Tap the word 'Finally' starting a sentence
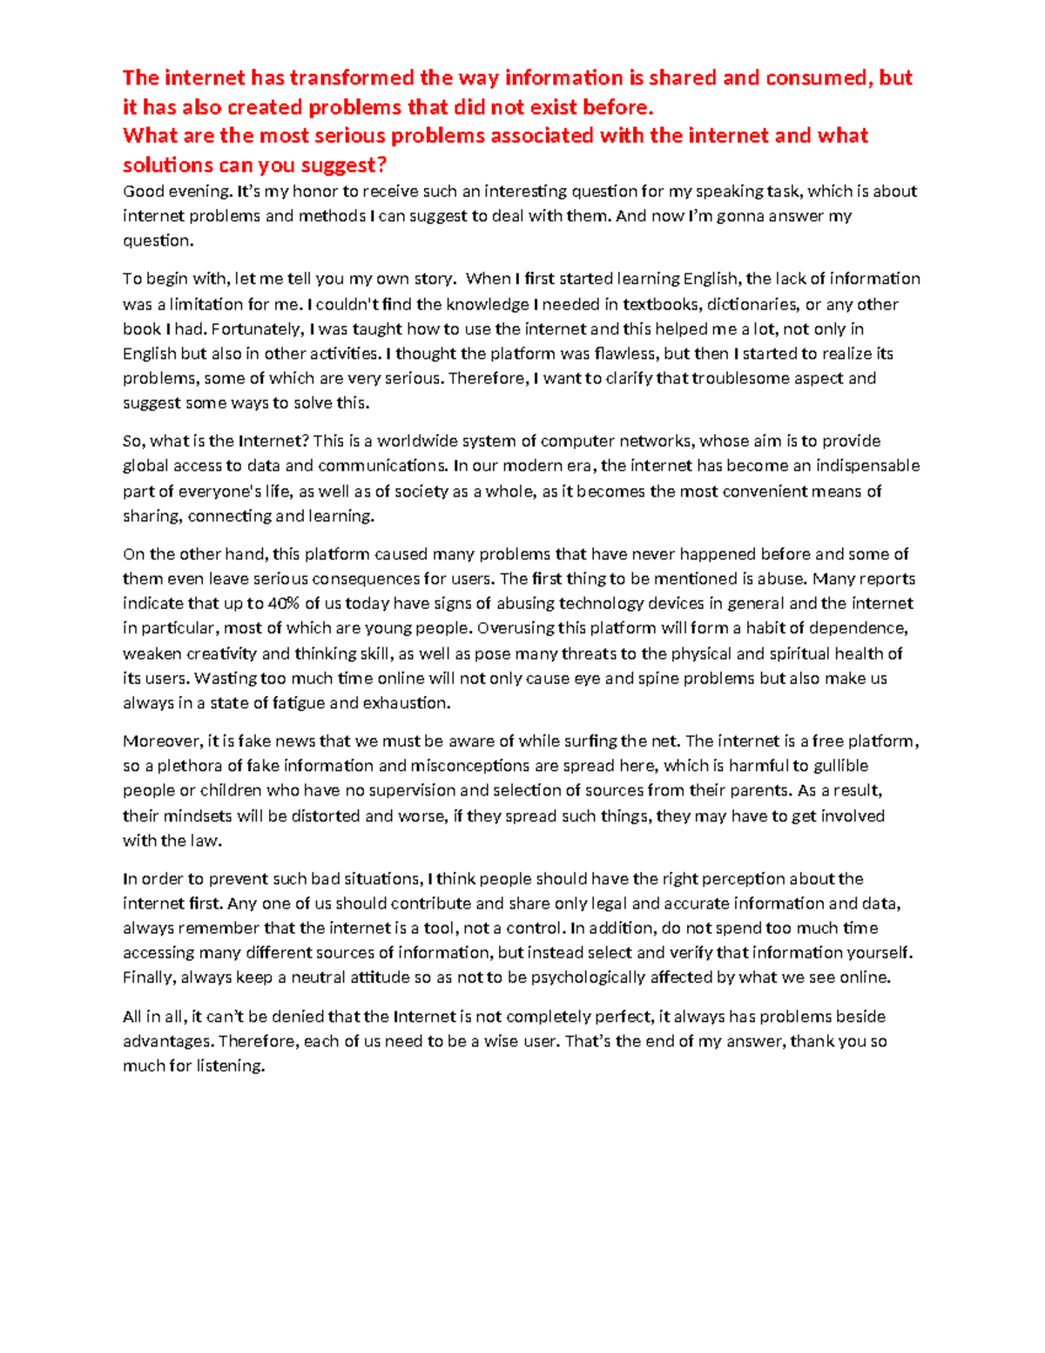coord(149,978)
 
